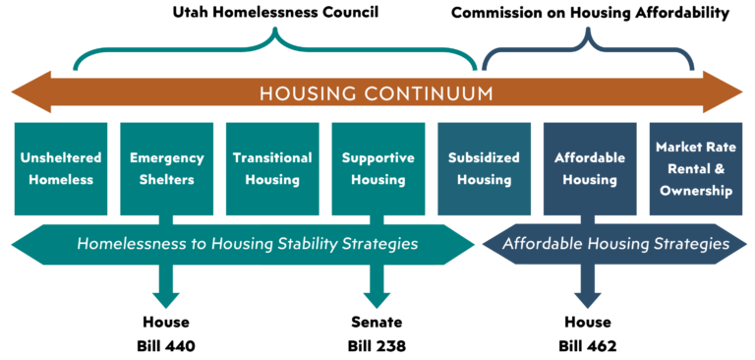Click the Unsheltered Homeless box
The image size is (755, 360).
[x=61, y=168]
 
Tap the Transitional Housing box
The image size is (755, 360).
[x=272, y=168]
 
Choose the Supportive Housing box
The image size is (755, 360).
[x=378, y=168]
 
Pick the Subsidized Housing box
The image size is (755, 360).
[x=484, y=168]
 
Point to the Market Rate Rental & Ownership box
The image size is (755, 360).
[x=695, y=168]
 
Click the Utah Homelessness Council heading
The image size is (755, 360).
[x=276, y=13]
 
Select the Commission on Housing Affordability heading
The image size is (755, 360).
[x=590, y=13]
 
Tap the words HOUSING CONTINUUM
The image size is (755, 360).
[x=377, y=93]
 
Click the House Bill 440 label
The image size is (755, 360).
[x=165, y=333]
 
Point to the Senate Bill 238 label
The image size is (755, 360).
[x=377, y=333]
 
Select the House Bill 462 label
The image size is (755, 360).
[x=588, y=333]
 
